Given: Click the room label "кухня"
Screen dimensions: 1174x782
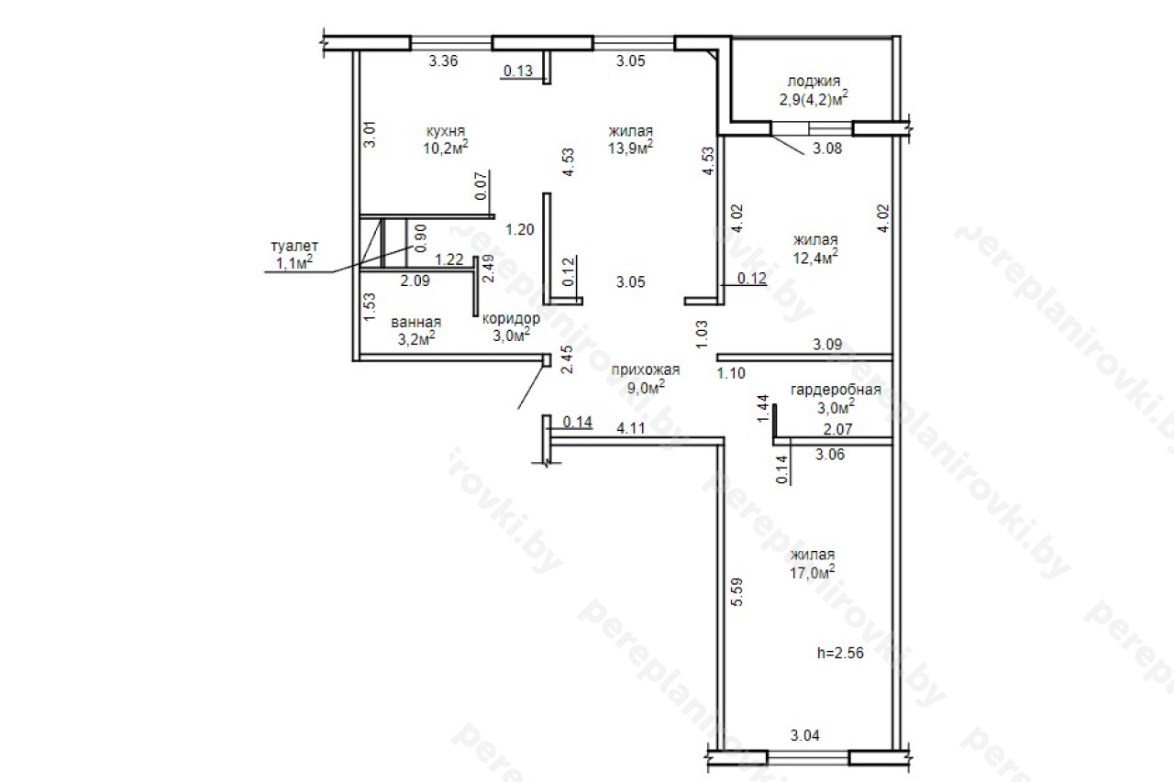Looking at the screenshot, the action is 446,131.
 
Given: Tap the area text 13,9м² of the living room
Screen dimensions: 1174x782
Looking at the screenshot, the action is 630,148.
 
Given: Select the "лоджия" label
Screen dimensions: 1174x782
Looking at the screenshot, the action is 814,82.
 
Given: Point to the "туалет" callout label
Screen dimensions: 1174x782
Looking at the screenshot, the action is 294,246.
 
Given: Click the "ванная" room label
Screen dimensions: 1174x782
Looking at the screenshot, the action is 416,322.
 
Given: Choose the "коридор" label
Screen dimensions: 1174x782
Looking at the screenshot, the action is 511,318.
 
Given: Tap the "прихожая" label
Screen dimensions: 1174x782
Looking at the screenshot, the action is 646,369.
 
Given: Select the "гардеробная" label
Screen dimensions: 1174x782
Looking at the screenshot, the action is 836,390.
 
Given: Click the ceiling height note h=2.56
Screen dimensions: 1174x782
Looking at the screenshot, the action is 841,653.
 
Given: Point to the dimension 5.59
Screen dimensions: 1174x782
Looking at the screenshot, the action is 737,592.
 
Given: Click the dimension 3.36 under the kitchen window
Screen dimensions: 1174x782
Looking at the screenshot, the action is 443,61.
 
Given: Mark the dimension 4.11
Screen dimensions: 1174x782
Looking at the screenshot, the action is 631,428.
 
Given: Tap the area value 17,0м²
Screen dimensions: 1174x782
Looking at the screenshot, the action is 813,572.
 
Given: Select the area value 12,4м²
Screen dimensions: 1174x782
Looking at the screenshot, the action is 815,258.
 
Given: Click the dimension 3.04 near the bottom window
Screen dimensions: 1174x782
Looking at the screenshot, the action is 805,735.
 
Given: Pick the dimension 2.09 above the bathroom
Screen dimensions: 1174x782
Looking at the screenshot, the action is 415,281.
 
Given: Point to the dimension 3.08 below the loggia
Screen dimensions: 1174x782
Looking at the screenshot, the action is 827,149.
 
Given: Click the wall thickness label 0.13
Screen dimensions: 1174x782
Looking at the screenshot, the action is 518,71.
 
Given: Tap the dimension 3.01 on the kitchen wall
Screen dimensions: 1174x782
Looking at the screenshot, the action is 370,135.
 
